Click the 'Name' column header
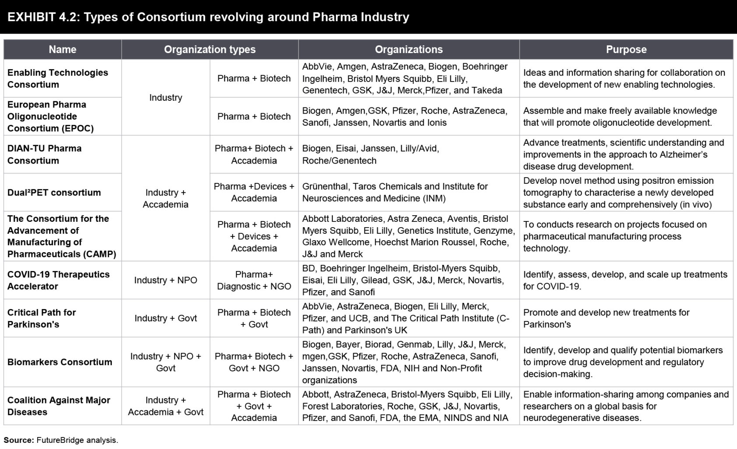click(63, 50)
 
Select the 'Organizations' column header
click(409, 50)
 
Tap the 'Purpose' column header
click(626, 50)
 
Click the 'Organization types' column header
click(210, 50)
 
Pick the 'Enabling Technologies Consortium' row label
click(57, 78)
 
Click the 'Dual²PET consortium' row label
click(54, 192)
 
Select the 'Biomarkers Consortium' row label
click(60, 362)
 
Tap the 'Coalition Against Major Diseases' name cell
click(59, 406)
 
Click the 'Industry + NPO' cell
click(166, 280)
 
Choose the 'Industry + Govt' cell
click(166, 318)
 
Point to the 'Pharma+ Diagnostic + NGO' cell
click(254, 280)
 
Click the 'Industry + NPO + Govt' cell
click(166, 362)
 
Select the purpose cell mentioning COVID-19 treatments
click(625, 280)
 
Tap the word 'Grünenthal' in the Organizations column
click(325, 186)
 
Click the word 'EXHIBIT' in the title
click(31, 17)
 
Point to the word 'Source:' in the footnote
click(19, 440)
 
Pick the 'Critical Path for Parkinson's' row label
click(42, 318)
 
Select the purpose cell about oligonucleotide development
click(620, 117)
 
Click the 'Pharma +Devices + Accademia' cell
click(254, 192)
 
